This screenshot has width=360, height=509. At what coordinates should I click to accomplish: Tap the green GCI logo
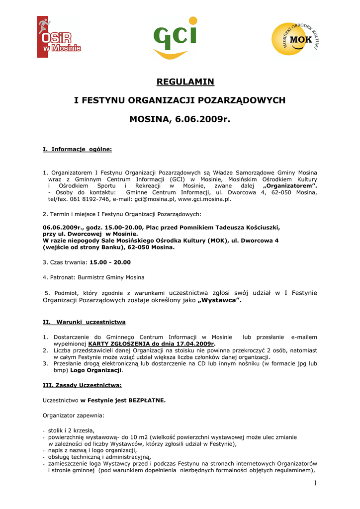click(x=174, y=38)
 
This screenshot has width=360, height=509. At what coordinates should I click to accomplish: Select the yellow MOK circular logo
click(x=295, y=40)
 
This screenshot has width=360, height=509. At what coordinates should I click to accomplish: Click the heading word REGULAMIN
click(x=185, y=82)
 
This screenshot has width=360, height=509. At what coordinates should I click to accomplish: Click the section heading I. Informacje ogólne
click(x=77, y=149)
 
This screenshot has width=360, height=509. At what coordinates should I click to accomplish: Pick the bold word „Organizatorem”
click(x=289, y=186)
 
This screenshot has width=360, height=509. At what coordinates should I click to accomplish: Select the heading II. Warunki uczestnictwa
click(x=84, y=322)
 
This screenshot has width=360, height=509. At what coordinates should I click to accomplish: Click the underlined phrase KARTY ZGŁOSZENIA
click(x=119, y=343)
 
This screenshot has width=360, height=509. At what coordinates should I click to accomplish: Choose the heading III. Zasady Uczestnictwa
click(x=82, y=385)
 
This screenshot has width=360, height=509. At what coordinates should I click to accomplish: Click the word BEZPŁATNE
click(x=147, y=400)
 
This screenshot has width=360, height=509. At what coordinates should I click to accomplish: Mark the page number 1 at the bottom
click(x=315, y=484)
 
